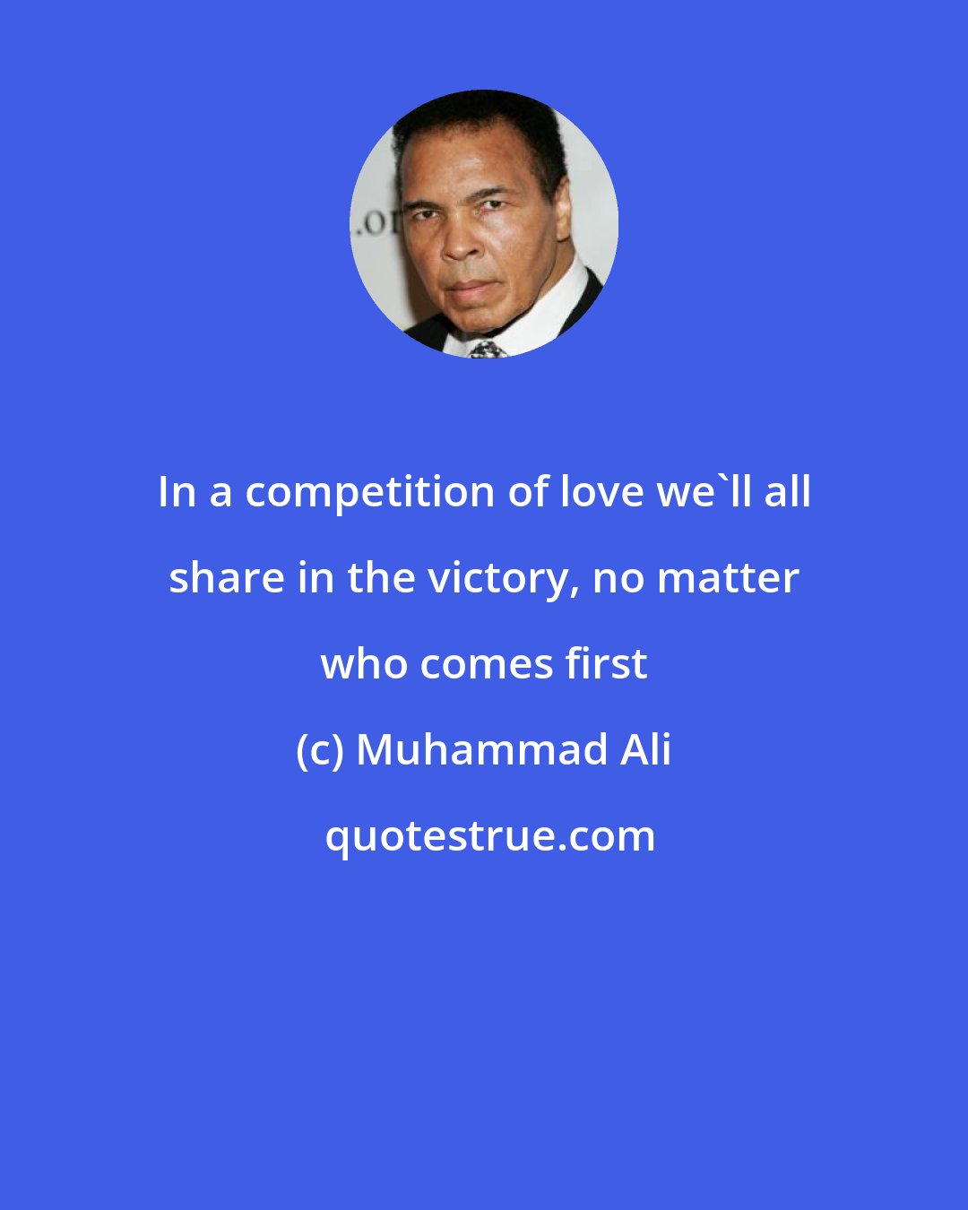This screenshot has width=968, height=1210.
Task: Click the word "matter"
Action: [x=727, y=578]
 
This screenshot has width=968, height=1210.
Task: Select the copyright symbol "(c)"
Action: [x=320, y=750]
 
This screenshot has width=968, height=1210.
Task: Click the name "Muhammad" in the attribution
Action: [x=481, y=750]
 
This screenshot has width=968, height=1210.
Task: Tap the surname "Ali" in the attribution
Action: [x=645, y=750]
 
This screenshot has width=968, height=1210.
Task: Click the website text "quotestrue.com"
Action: [x=489, y=836]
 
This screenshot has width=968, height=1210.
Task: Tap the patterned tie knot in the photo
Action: [x=487, y=348]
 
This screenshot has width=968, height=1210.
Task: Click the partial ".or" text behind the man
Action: [x=375, y=220]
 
